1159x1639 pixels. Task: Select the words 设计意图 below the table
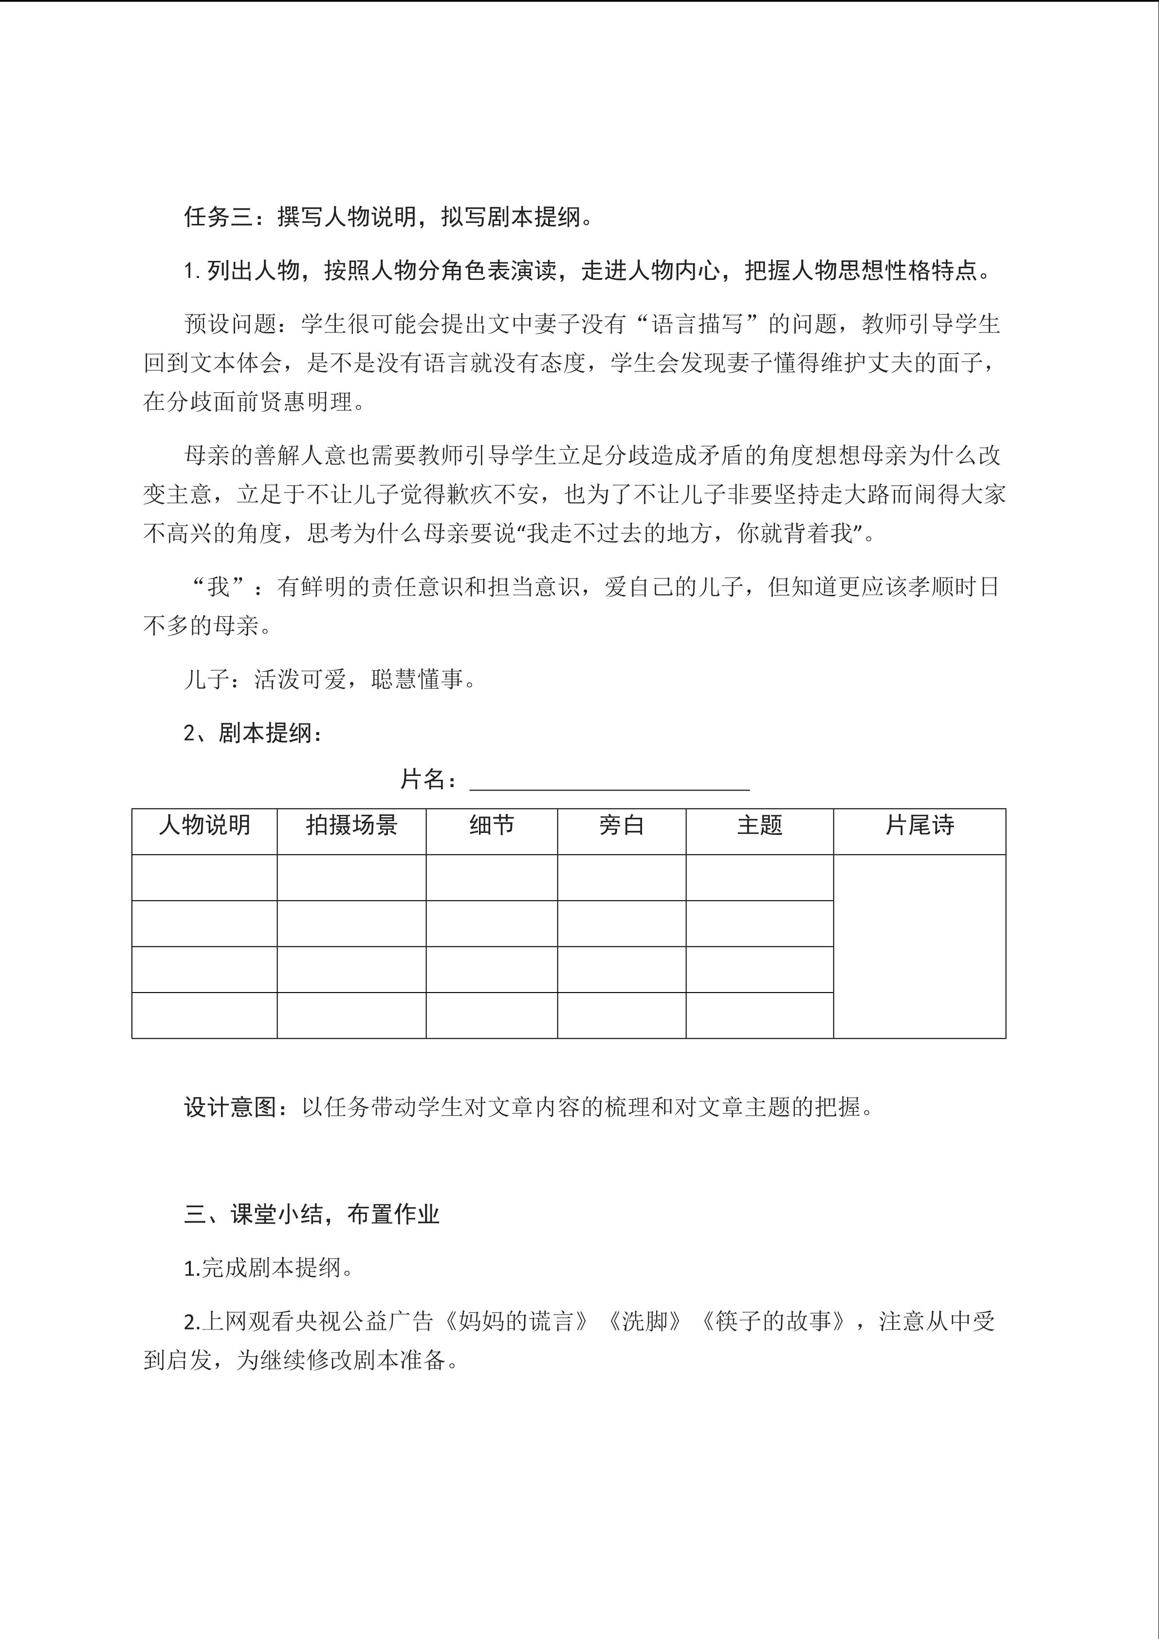coord(230,1107)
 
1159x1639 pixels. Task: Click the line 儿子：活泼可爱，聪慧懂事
coord(330,679)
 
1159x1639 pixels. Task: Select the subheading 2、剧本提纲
coord(253,733)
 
